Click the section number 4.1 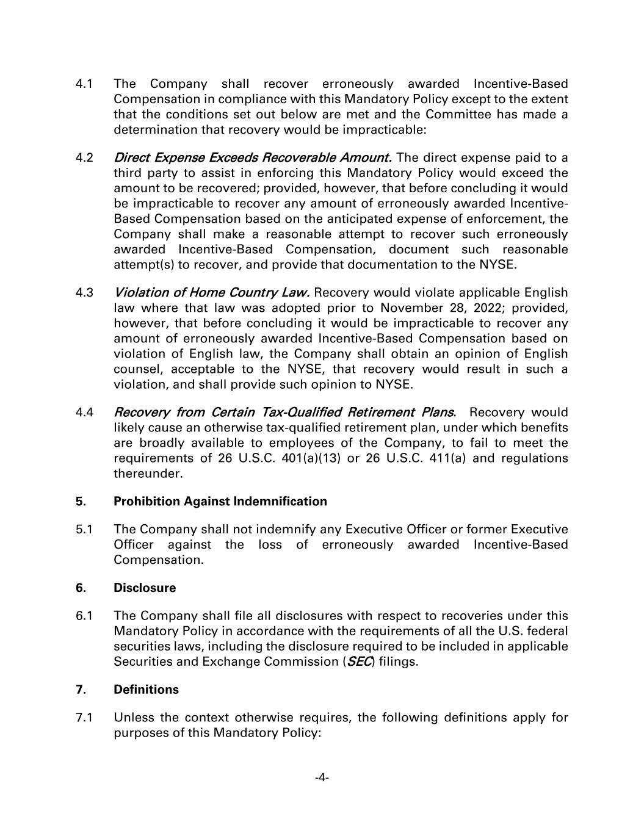pyautogui.click(x=84, y=84)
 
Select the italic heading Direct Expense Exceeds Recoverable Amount pyautogui.click(x=253, y=158)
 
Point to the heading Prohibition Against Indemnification pyautogui.click(x=220, y=502)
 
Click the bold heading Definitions pyautogui.click(x=146, y=690)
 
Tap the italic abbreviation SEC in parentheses pyautogui.click(x=360, y=662)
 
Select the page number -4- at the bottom pyautogui.click(x=322, y=777)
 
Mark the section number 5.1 pyautogui.click(x=84, y=529)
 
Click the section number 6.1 pyautogui.click(x=84, y=616)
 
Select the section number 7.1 pyautogui.click(x=84, y=718)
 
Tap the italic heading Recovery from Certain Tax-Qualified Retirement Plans pyautogui.click(x=284, y=413)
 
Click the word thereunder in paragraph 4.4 pyautogui.click(x=148, y=474)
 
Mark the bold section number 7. pyautogui.click(x=81, y=690)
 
